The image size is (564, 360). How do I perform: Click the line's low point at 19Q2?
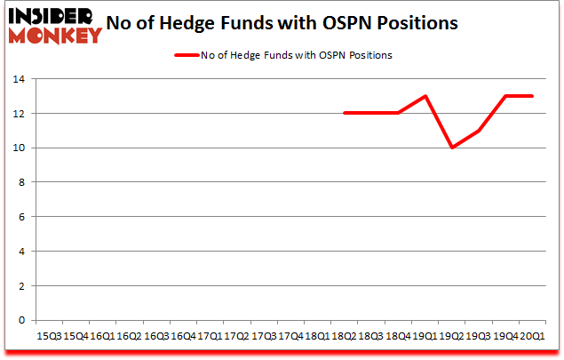click(x=452, y=148)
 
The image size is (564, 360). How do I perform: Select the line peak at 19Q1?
click(x=425, y=96)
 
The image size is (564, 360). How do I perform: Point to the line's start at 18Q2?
click(x=345, y=113)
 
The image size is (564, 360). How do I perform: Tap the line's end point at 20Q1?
click(x=532, y=96)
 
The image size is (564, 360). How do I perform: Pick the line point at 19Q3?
click(x=479, y=131)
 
